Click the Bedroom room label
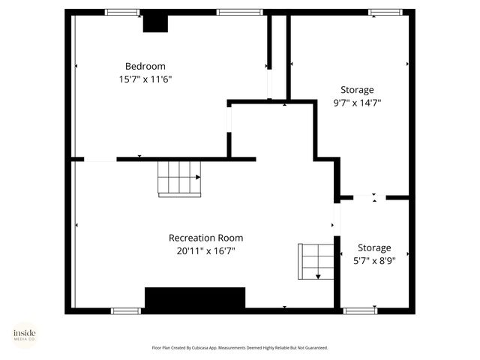click(x=145, y=66)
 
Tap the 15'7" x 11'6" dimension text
click(x=145, y=79)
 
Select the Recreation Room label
click(x=205, y=238)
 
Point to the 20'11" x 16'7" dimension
click(x=205, y=251)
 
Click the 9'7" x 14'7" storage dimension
click(x=356, y=103)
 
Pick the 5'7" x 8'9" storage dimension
click(x=373, y=261)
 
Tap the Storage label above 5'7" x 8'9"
click(x=373, y=247)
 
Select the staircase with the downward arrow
click(x=315, y=260)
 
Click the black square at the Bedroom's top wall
click(x=156, y=23)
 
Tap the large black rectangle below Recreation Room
click(x=195, y=298)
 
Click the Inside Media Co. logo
click(x=24, y=334)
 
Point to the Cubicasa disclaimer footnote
click(x=240, y=348)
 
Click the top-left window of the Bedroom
click(x=122, y=12)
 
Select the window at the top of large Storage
click(x=384, y=12)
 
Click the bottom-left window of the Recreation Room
click(x=125, y=310)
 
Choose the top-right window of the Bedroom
click(x=239, y=12)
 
